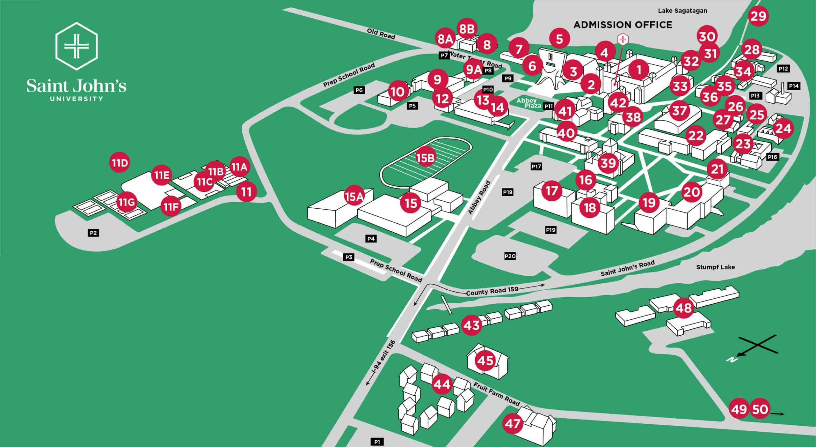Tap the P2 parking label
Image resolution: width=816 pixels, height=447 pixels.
point(93,233)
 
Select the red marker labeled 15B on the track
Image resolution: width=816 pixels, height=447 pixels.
point(426,158)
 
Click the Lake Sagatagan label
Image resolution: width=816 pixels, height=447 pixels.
point(682,11)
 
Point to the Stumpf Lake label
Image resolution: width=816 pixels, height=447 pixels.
point(715,267)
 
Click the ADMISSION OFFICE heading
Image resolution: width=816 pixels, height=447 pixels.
point(623,25)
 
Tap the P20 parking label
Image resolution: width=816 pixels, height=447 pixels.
point(510,256)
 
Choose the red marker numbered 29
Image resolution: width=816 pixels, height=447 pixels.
point(758,16)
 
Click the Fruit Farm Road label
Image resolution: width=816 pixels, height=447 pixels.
point(496,394)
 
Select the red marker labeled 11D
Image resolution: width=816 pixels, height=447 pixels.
point(120,163)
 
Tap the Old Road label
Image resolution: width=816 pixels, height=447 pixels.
point(381,34)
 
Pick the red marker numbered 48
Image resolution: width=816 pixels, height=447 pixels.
point(684,308)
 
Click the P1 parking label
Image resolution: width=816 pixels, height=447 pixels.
point(377,442)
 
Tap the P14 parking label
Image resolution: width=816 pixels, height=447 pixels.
point(793,86)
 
